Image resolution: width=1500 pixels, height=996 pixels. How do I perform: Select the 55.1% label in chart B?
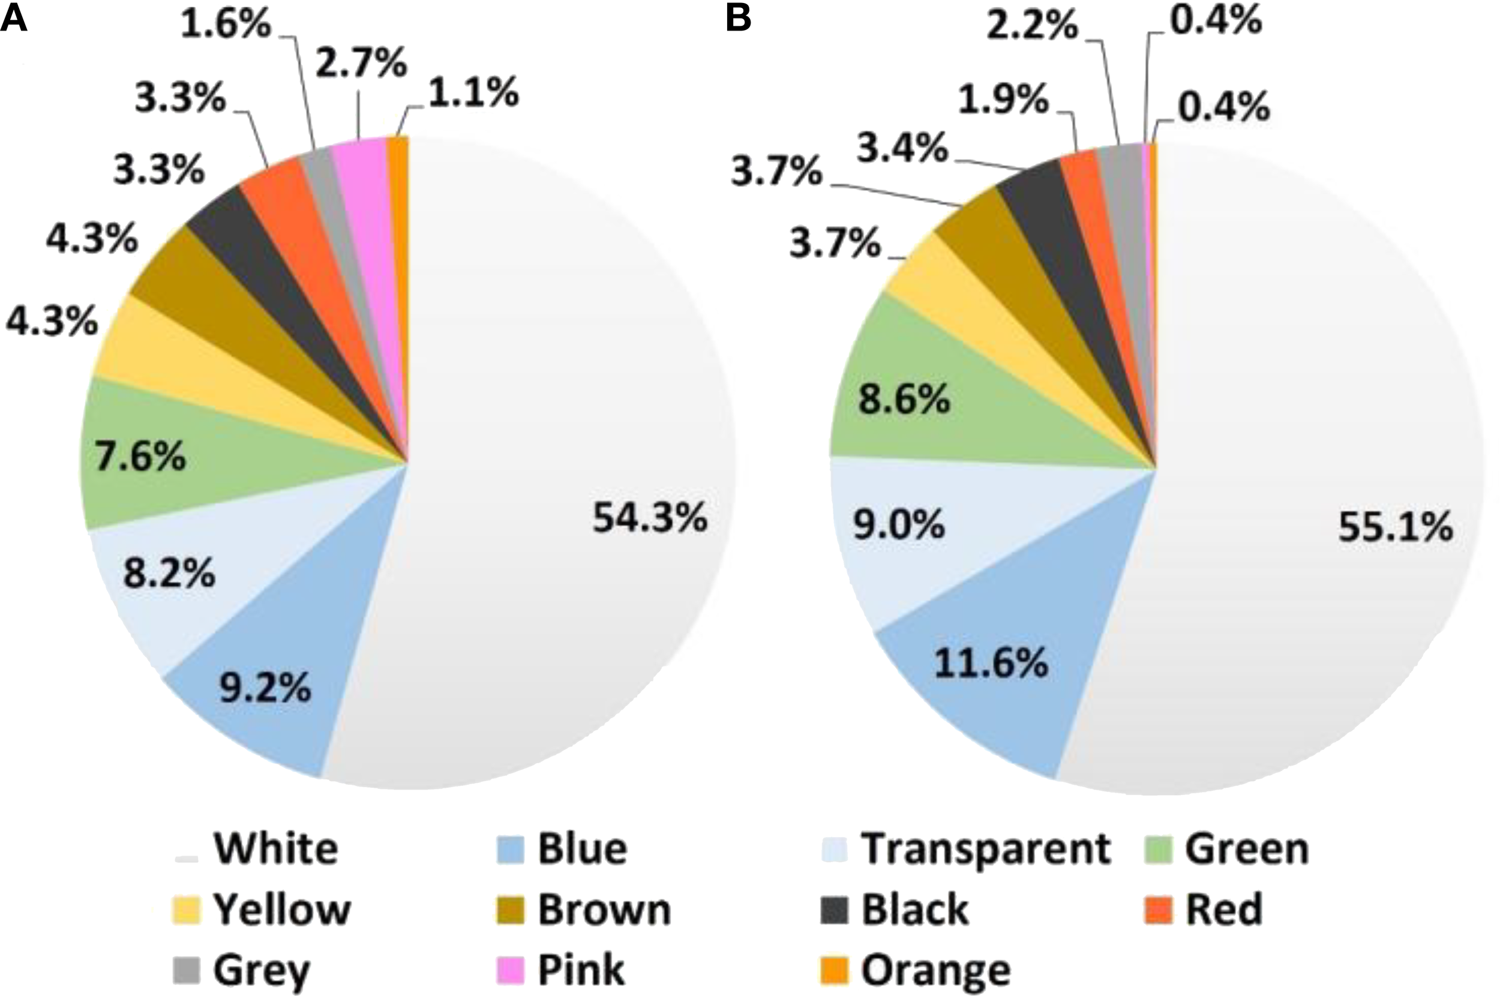point(1395,527)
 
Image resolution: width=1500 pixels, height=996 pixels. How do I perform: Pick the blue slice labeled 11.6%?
point(991,664)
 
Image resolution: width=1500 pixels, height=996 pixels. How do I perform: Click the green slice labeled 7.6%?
point(140,456)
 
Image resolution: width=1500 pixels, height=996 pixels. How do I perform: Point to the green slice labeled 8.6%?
point(904,399)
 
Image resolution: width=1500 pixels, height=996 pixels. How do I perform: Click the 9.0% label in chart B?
point(899,524)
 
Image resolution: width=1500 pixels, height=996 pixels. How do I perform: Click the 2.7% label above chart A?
point(361,64)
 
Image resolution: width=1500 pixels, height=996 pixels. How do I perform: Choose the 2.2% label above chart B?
point(1033,26)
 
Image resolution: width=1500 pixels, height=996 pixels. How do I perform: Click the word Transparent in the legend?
point(986,848)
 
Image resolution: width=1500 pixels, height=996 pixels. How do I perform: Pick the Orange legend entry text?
point(935,970)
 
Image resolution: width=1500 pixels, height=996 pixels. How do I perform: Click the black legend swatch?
point(834,910)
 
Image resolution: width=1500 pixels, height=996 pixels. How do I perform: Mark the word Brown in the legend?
point(604,910)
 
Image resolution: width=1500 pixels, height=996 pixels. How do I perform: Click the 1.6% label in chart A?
point(226,25)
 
